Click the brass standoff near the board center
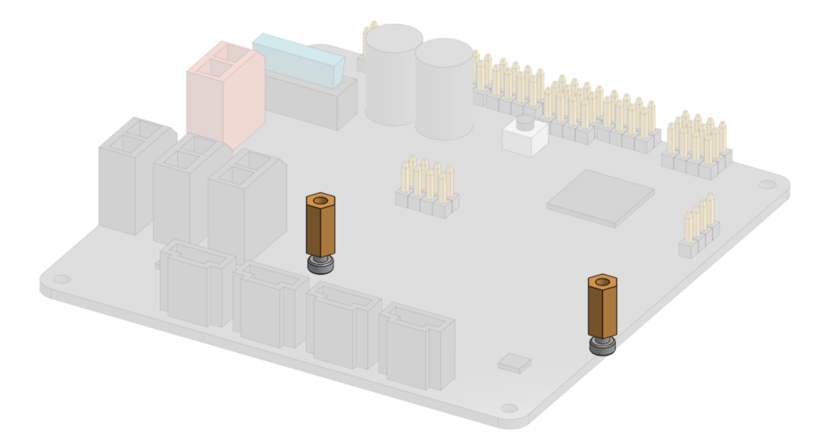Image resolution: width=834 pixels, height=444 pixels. tap(320, 227)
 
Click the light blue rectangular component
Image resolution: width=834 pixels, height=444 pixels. tap(298, 58)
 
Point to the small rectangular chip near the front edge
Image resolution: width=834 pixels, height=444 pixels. tap(514, 364)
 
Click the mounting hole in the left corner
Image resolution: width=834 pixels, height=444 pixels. tap(61, 278)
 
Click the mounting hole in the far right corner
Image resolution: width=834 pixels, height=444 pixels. tap(767, 185)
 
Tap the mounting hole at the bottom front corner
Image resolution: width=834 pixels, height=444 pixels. tap(511, 408)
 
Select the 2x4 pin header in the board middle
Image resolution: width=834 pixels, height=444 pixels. tap(427, 189)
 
